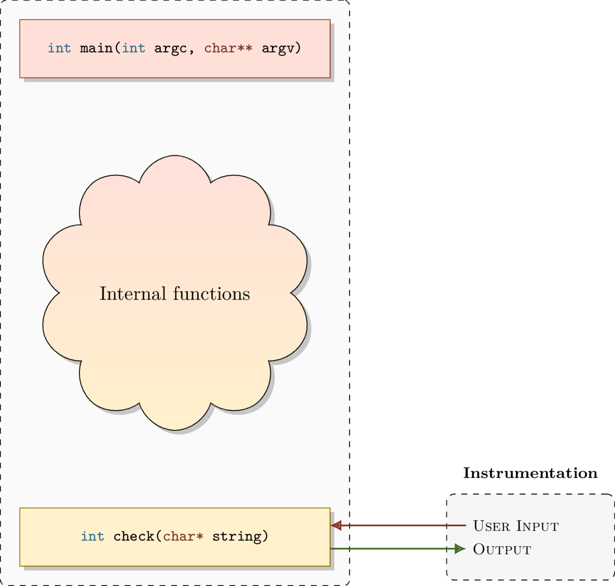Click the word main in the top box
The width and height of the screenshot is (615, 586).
click(x=96, y=48)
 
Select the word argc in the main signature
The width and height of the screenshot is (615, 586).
click(x=171, y=48)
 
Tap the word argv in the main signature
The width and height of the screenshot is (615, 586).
click(x=278, y=48)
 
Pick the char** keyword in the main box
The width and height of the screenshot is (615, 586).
click(x=228, y=48)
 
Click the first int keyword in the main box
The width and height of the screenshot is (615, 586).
click(x=59, y=48)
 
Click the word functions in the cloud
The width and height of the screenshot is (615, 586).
click(x=211, y=294)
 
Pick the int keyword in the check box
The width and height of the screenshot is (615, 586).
click(x=92, y=536)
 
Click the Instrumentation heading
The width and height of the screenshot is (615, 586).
click(x=530, y=473)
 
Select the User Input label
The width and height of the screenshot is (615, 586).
click(x=516, y=526)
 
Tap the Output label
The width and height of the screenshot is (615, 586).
click(x=502, y=549)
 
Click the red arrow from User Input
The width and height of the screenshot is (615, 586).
click(x=400, y=526)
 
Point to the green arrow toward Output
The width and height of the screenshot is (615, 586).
click(x=395, y=549)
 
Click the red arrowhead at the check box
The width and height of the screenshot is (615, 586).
click(x=336, y=526)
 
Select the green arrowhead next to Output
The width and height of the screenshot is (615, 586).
click(x=460, y=549)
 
